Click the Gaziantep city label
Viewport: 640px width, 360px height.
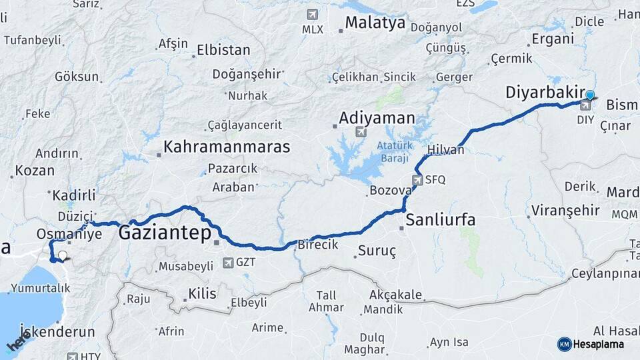(x=165, y=233)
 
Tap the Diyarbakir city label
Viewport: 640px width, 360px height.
(x=545, y=92)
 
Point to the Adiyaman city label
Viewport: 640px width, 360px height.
(x=377, y=119)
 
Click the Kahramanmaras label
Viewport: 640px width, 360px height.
(x=227, y=147)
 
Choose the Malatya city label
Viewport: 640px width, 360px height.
(x=375, y=23)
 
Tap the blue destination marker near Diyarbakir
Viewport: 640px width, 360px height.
(x=590, y=95)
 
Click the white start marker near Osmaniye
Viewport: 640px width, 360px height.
(x=63, y=255)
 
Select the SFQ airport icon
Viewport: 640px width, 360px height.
(x=418, y=179)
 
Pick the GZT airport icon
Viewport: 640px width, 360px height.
(x=229, y=263)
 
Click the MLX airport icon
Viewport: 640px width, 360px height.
(x=311, y=15)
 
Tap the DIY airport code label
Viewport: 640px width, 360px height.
(x=585, y=120)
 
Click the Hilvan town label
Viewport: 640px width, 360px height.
(x=445, y=150)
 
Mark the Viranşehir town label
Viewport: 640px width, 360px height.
(x=565, y=211)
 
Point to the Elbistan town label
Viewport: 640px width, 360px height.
(x=223, y=50)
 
